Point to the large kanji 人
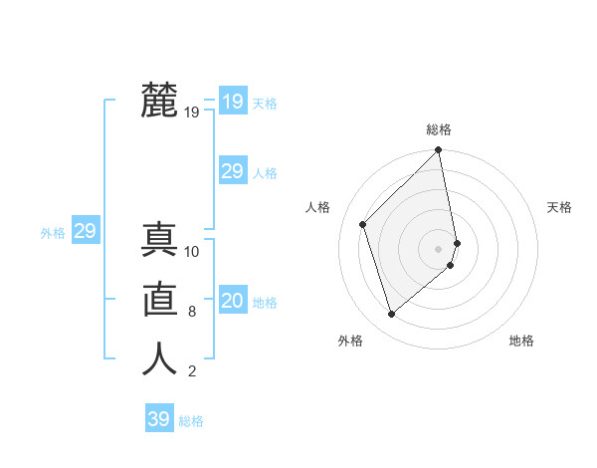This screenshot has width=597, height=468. point(159,358)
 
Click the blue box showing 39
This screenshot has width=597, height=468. point(159,419)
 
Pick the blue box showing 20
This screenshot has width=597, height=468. point(232,300)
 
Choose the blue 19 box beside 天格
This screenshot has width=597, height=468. point(232,101)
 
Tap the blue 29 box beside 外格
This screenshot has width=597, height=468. point(85,231)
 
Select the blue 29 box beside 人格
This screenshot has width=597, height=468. point(232,170)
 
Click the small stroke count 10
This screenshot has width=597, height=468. point(192,252)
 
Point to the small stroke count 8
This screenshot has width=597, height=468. point(192,312)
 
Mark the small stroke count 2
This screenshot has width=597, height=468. point(192,372)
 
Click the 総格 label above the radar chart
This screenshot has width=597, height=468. point(439,129)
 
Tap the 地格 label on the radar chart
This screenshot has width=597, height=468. point(521,341)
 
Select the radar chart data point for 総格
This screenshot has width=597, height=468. point(438,150)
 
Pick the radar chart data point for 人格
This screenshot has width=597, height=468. point(363,224)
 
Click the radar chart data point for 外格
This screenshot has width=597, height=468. point(392,314)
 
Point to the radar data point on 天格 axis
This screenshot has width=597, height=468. point(457,242)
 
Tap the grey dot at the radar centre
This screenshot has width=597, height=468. point(438,248)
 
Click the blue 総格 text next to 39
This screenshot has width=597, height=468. point(191,421)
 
